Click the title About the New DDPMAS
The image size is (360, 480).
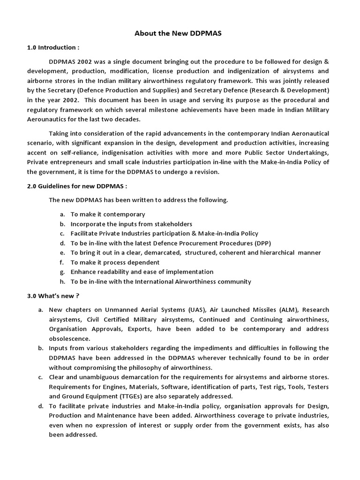180,33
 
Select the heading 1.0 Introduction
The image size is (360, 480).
52,47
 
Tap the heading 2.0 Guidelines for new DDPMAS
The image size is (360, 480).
77,186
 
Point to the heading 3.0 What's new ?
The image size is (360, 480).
52,296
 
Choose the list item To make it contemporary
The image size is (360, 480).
108,214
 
